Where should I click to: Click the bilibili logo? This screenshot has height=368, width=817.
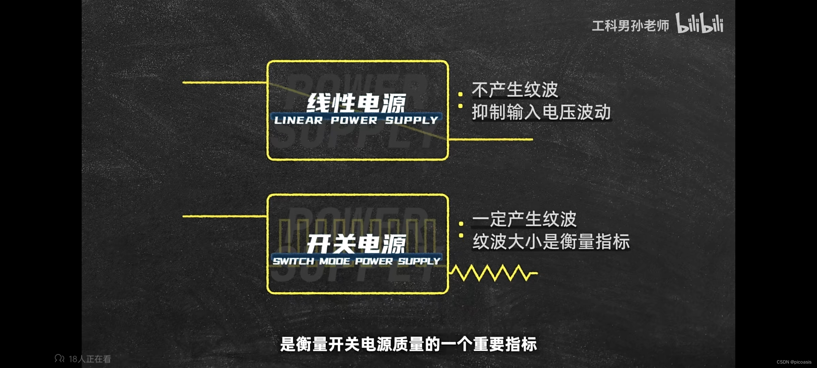700,24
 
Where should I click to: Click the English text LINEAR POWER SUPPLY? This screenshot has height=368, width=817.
356,120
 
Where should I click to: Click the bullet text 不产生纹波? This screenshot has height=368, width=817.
515,90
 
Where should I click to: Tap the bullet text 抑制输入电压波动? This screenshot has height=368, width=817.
541,112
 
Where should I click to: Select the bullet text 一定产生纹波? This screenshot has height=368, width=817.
524,219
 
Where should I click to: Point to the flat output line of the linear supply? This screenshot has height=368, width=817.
490,139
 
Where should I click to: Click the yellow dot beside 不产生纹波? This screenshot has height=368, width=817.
461,94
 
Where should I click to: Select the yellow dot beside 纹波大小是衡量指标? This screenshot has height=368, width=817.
461,235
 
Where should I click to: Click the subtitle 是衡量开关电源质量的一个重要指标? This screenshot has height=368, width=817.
408,344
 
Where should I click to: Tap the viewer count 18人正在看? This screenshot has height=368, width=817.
83,359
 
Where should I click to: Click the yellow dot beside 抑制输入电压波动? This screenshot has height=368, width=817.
461,106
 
